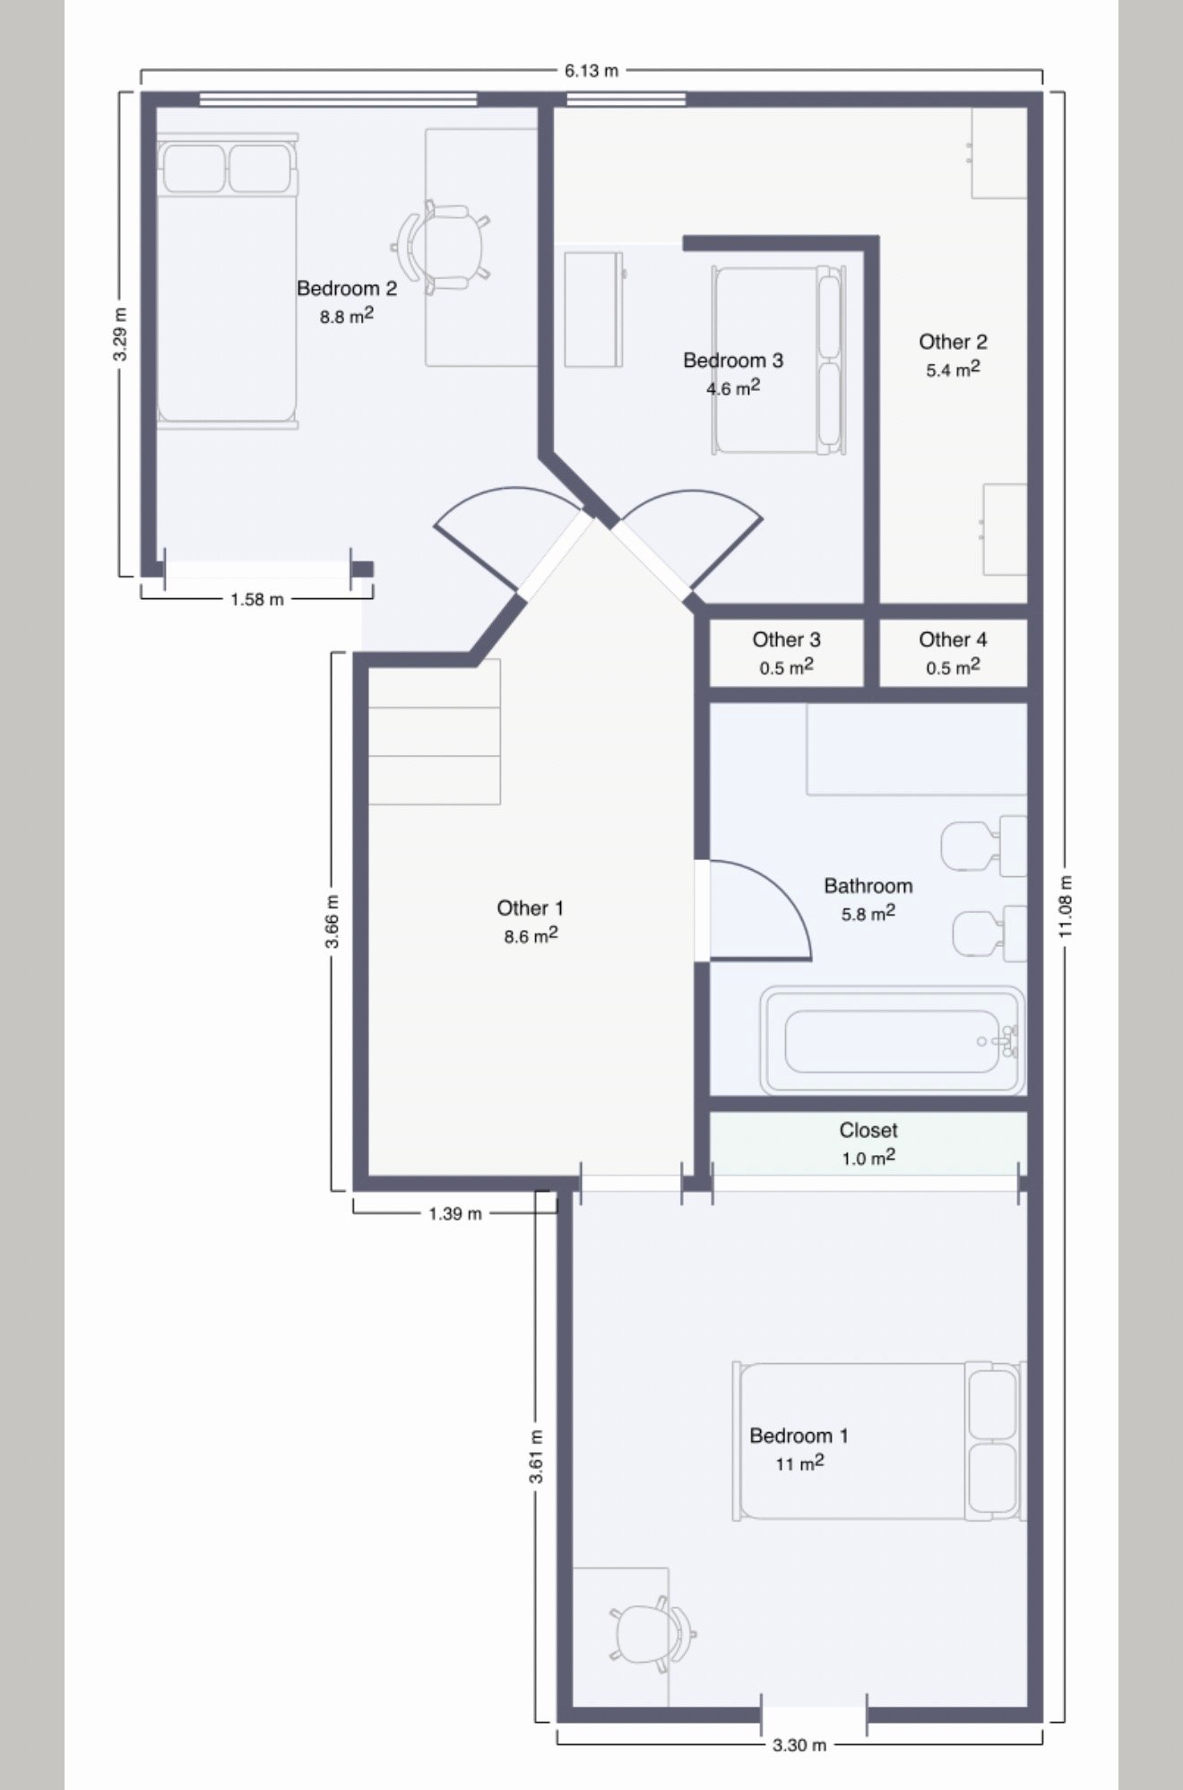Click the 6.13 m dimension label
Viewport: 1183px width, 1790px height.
(x=591, y=71)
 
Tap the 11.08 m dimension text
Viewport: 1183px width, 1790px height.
(x=1066, y=906)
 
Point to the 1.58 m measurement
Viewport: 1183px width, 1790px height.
(x=257, y=599)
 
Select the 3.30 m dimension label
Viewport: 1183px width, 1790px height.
(x=799, y=1744)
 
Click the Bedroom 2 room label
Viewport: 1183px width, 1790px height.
(x=347, y=288)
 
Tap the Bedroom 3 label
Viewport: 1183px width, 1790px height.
(x=733, y=360)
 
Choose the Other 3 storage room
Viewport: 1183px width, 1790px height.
(x=786, y=652)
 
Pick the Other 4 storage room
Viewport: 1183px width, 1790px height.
(x=953, y=652)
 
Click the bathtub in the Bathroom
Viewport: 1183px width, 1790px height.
(x=893, y=1040)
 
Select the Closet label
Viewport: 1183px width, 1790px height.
(x=868, y=1130)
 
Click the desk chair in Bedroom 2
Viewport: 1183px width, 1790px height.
(x=441, y=246)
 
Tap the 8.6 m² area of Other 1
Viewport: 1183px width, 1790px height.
(x=531, y=936)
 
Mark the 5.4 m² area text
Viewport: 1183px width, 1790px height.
(x=953, y=369)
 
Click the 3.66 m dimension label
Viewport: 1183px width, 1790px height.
(x=332, y=921)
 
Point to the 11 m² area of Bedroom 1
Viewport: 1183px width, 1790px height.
(x=799, y=1464)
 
